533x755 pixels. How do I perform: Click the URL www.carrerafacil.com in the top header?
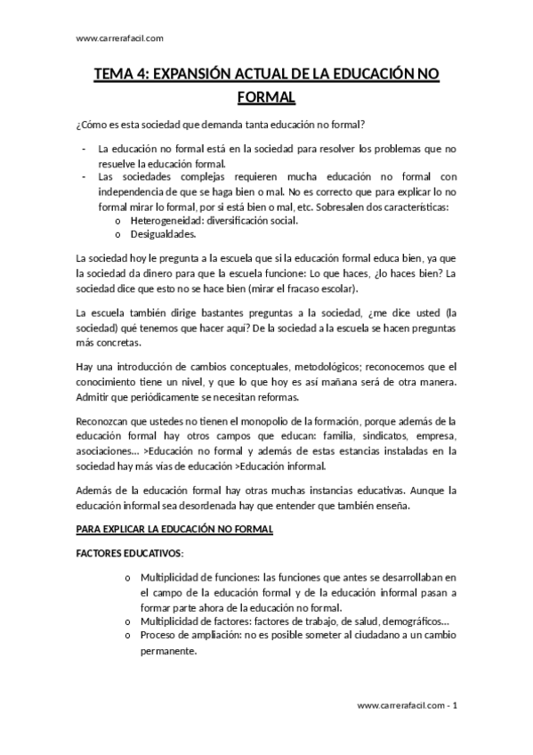(x=120, y=38)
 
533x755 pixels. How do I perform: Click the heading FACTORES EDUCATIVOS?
(x=129, y=553)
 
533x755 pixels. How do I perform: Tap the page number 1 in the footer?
(x=455, y=705)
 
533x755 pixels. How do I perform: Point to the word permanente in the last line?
(x=167, y=651)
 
